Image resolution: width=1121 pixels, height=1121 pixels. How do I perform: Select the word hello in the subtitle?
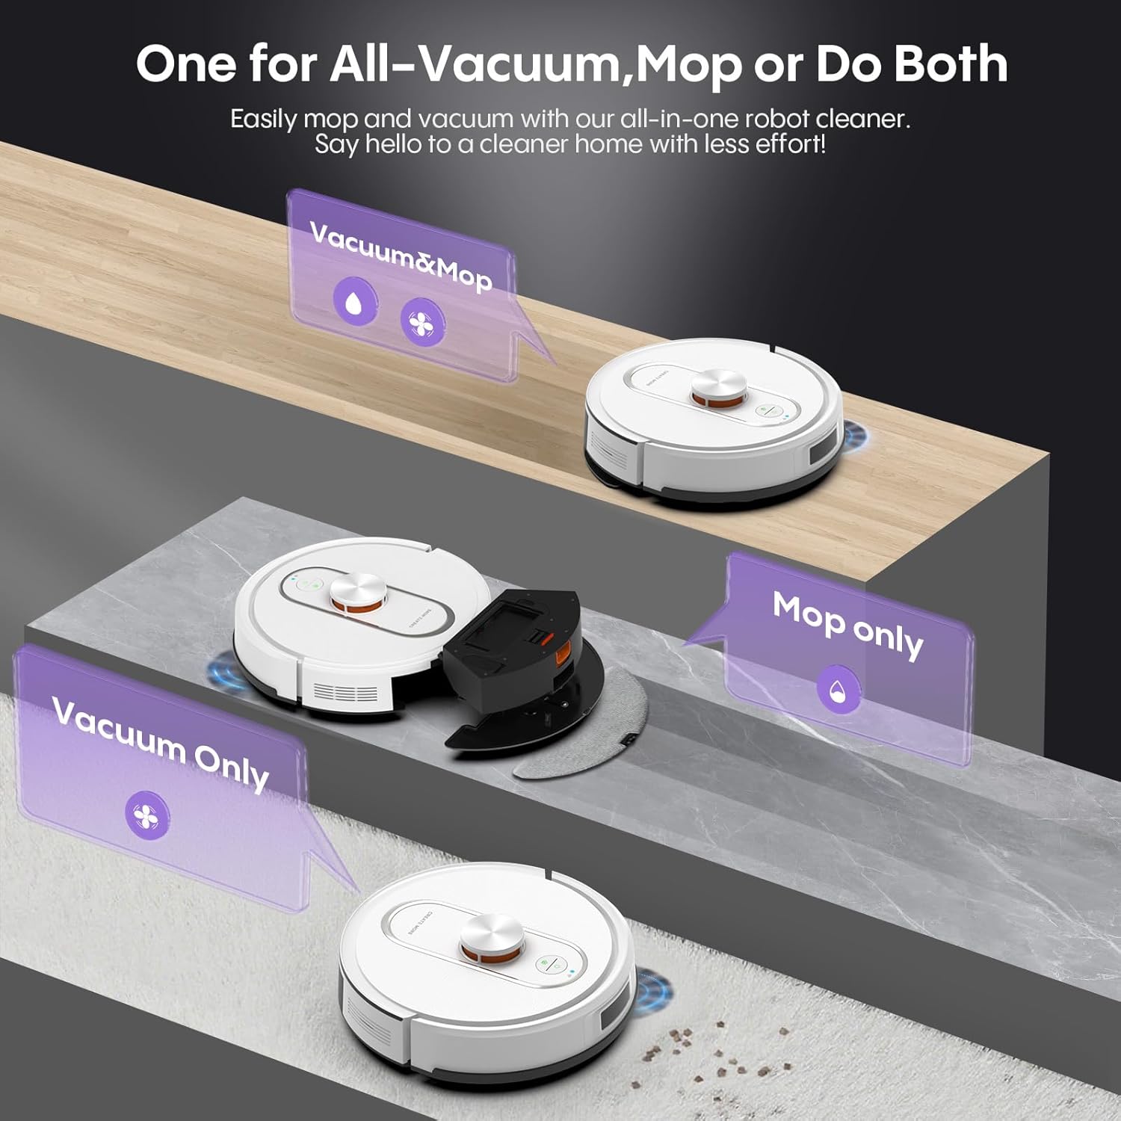(x=395, y=143)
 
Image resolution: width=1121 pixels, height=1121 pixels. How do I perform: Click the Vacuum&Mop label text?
(x=401, y=256)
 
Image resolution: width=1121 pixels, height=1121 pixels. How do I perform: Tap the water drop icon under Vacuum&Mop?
(x=355, y=300)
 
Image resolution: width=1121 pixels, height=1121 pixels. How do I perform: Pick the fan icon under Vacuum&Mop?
(x=422, y=322)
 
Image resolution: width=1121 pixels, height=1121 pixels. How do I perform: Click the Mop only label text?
(x=847, y=626)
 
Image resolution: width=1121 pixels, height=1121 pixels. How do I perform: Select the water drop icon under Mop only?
(x=839, y=688)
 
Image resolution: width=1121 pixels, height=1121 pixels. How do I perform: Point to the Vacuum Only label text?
(x=161, y=743)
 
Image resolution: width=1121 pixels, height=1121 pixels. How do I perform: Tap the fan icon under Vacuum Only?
(x=146, y=815)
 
